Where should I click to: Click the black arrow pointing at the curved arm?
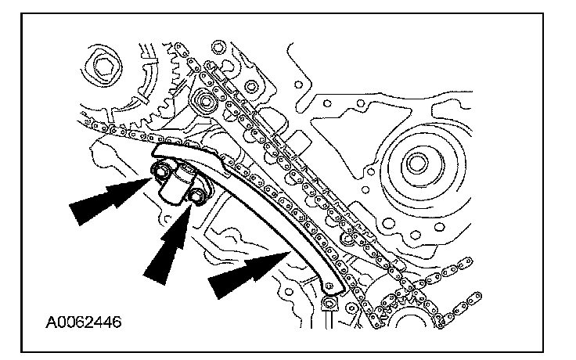click(243, 274)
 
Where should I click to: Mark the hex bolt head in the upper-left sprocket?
click(102, 67)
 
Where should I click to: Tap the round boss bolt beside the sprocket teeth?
click(206, 100)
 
